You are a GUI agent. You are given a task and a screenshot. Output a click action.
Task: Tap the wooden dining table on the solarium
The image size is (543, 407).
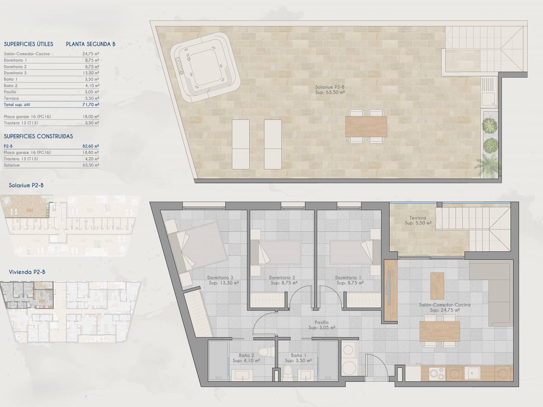point(366,127)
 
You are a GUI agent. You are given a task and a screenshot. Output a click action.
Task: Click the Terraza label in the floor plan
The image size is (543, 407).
point(417,218)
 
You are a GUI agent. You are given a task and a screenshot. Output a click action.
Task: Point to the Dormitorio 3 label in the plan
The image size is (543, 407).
point(220,277)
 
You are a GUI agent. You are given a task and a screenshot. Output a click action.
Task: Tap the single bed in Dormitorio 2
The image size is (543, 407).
point(276,252)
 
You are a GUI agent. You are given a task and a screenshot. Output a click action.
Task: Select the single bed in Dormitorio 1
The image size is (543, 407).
point(355,252)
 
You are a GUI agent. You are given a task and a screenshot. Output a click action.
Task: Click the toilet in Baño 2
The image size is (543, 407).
point(266,352)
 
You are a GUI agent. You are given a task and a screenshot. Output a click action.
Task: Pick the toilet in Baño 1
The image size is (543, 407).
point(288,373)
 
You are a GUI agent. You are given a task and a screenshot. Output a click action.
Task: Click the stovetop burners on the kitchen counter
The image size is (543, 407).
point(437,373)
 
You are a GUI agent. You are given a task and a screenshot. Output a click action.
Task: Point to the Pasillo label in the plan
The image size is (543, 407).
point(322,322)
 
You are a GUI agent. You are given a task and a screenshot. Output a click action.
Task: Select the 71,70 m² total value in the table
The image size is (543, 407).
point(91,104)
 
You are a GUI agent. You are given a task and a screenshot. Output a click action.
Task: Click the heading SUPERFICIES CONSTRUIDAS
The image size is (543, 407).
point(38,136)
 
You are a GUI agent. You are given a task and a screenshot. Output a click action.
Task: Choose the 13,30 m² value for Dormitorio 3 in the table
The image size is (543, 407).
point(91,73)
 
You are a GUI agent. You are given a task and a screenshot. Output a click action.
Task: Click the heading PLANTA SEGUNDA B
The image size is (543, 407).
point(90,44)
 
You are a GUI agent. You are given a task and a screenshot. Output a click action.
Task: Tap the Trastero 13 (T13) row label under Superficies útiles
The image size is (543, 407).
point(21,123)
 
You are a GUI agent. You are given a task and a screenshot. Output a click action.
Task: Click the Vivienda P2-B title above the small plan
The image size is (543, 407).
point(27,272)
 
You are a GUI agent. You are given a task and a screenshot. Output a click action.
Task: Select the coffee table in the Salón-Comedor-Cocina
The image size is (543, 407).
point(437,286)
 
